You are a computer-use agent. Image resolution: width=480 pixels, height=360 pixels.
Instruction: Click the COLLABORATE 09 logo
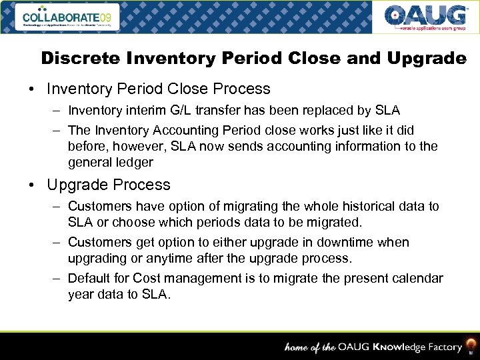pos(67,17)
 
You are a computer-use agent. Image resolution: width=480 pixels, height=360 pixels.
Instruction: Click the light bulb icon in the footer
pos(471,345)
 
